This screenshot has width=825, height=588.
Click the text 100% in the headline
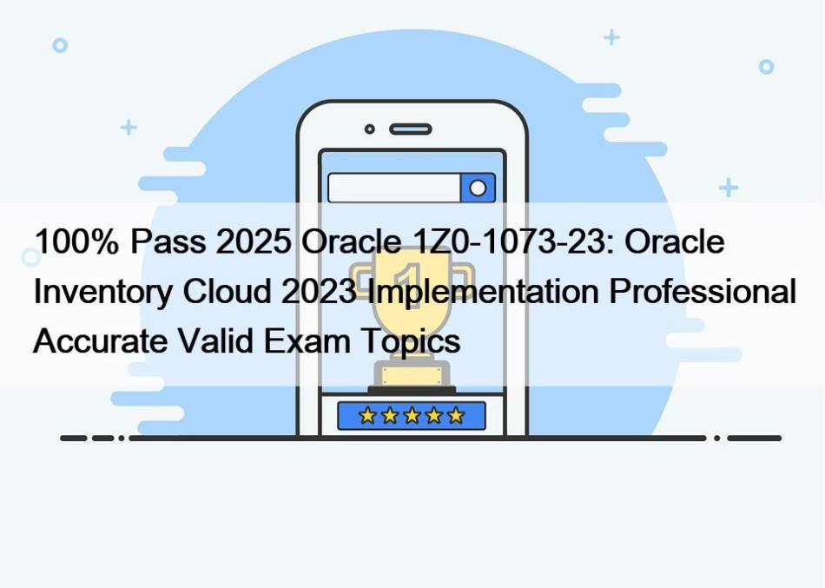(x=76, y=241)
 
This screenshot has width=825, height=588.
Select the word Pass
(x=168, y=241)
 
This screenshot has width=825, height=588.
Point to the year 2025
(x=254, y=241)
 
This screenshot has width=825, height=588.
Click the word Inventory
(x=102, y=292)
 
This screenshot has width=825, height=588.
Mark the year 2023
(x=320, y=291)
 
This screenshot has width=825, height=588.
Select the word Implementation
(x=484, y=292)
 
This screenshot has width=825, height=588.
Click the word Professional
(x=703, y=291)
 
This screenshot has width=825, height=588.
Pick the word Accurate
(x=100, y=340)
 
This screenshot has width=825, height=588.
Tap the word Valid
(x=215, y=340)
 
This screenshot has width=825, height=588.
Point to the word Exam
(x=307, y=340)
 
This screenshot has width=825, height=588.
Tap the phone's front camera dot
(x=370, y=129)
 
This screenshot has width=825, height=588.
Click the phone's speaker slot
(x=411, y=129)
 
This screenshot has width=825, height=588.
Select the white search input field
(x=394, y=188)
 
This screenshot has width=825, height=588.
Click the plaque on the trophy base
(x=412, y=376)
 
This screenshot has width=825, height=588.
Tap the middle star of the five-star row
(x=412, y=416)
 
